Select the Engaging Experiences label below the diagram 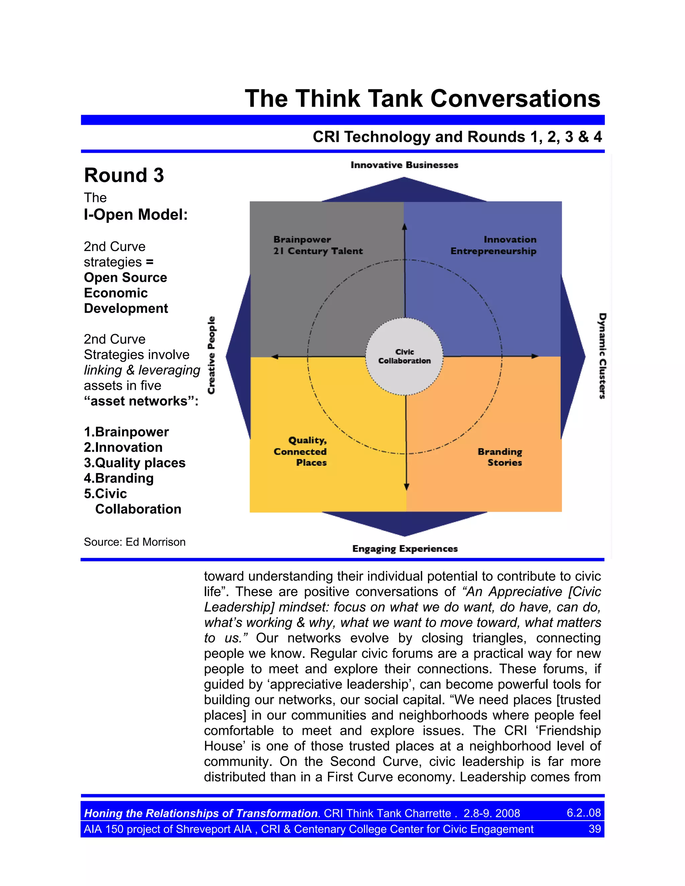(x=405, y=548)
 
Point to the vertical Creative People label (x=211, y=355)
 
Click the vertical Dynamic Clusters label (x=603, y=356)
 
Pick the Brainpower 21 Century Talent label (x=318, y=245)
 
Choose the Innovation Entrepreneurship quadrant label (x=493, y=245)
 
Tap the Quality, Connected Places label (x=300, y=451)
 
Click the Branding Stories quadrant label (x=500, y=457)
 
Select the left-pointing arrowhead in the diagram (x=275, y=357)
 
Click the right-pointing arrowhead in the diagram (x=535, y=356)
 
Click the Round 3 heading (x=124, y=175)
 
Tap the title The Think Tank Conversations (x=422, y=99)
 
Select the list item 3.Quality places (x=134, y=462)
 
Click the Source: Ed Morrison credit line (x=134, y=542)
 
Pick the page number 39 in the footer (x=594, y=829)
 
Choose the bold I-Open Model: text (x=135, y=214)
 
